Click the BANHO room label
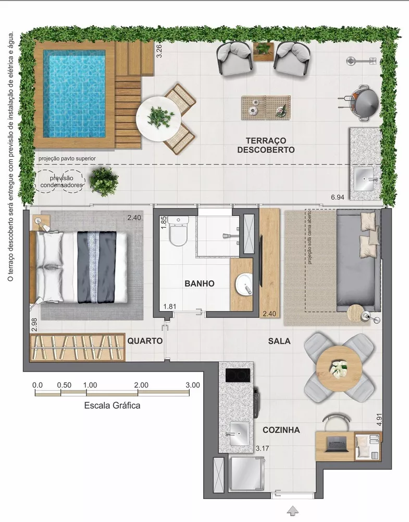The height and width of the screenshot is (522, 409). coord(199,283)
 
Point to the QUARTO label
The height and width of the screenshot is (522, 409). coord(145,341)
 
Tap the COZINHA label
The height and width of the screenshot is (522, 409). coord(281,430)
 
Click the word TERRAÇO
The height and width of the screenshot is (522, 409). coord(266,140)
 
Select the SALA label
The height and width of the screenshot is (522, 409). coord(279,341)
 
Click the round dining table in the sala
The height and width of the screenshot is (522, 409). coord(339,368)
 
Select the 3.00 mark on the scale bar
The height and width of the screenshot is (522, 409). coord(192,385)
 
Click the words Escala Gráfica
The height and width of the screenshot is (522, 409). coord(112,405)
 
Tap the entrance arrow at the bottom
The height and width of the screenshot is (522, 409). coord(294,510)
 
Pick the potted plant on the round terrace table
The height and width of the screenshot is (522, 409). coord(157,116)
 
